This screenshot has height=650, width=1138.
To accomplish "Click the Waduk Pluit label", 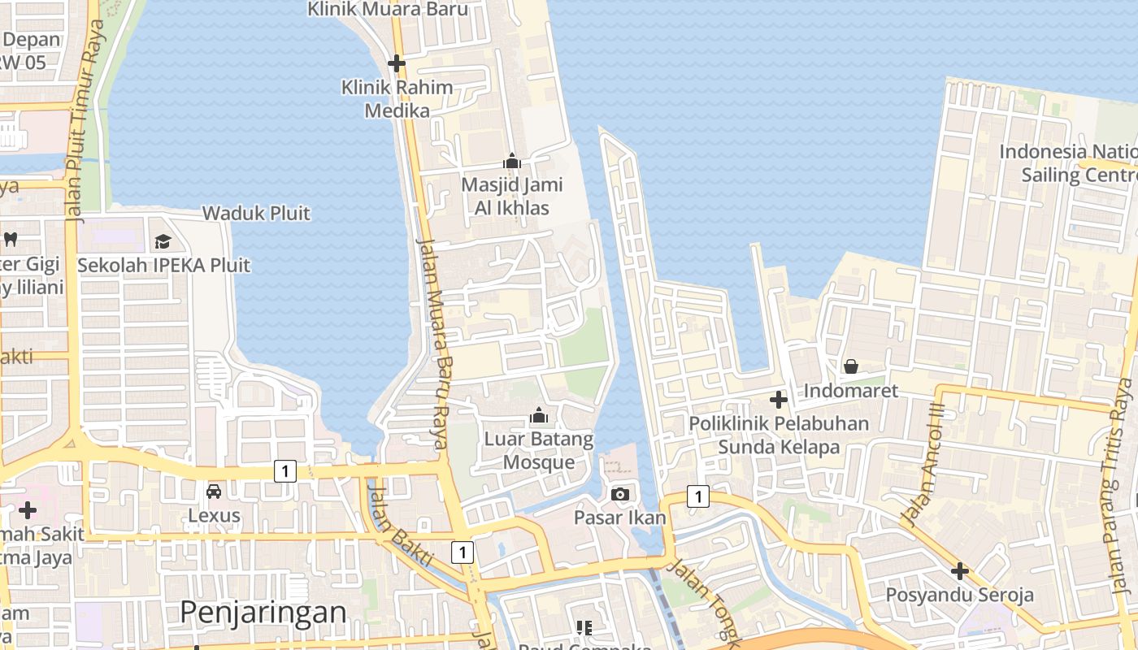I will tap(256, 214).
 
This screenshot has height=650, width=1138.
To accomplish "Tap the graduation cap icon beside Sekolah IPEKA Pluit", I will tap(163, 241).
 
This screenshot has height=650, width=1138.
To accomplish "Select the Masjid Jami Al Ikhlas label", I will tap(505, 196).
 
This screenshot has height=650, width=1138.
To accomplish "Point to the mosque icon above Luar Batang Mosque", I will tap(538, 417).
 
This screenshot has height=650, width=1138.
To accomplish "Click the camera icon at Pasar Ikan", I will tap(620, 494).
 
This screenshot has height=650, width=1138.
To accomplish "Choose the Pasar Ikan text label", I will tap(620, 518).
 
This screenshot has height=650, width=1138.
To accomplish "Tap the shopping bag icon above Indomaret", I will tap(851, 366).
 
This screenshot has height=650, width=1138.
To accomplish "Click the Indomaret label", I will tap(851, 391).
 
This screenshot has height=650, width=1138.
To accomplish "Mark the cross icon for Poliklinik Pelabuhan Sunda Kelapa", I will tap(779, 400).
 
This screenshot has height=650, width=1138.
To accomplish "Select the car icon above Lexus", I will tap(214, 492).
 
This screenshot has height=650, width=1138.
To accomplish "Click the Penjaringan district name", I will tap(263, 612).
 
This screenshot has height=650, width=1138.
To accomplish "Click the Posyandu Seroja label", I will tap(960, 595).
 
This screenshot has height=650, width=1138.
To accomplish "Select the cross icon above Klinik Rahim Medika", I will tap(397, 63).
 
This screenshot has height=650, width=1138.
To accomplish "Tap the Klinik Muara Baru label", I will tap(388, 10).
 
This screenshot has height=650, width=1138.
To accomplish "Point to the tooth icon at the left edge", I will tap(11, 239).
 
